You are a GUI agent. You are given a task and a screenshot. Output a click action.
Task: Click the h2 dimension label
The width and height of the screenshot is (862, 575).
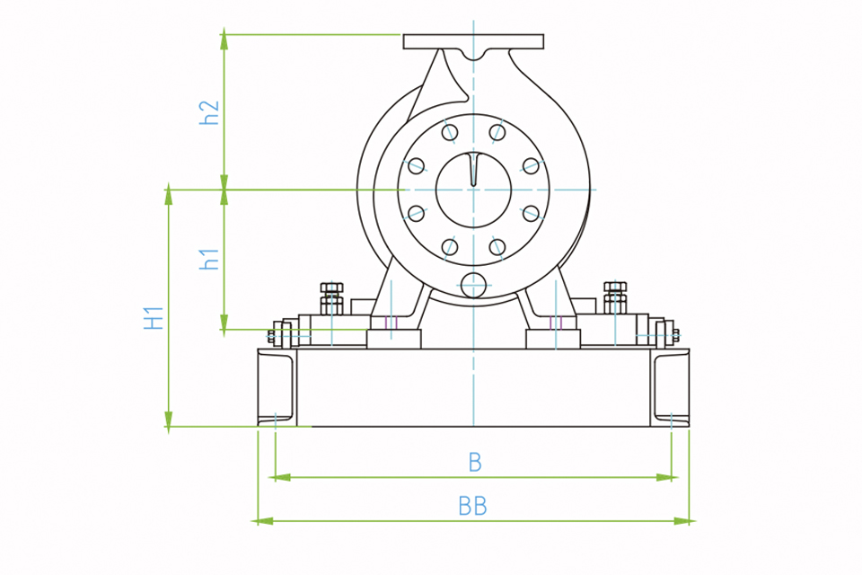[x=209, y=113]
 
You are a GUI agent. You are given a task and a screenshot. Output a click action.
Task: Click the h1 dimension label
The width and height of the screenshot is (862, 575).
[x=209, y=259]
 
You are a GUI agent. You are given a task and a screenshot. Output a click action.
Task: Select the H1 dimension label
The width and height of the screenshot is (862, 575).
[x=154, y=318]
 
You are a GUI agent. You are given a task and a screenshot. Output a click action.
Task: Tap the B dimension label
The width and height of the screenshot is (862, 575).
[x=475, y=463]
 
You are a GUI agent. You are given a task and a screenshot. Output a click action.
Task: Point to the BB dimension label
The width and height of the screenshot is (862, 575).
[x=473, y=506]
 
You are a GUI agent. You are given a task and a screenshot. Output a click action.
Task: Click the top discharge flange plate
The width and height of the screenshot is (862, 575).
[x=473, y=42]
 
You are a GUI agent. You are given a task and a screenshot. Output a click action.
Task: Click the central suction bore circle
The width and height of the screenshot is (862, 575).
[x=473, y=190]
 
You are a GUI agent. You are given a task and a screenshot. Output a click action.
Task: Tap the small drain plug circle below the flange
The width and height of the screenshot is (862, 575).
[x=473, y=285]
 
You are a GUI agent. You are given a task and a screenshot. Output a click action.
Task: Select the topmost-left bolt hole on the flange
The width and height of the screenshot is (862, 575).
[x=450, y=132]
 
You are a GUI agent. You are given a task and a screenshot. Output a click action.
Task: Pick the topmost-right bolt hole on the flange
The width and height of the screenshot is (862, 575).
[x=497, y=132]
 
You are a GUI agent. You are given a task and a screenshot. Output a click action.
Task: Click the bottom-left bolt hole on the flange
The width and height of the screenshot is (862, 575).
[x=450, y=246]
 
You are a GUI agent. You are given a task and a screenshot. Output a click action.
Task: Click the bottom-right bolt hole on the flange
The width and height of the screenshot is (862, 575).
[x=497, y=246]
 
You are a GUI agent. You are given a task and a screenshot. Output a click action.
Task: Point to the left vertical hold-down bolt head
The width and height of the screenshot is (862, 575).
[x=331, y=287]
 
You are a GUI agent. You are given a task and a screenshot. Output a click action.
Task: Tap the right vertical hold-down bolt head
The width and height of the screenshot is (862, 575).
[x=615, y=287]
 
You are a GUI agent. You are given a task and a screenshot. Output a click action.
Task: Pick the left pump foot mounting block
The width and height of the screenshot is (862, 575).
[x=393, y=339]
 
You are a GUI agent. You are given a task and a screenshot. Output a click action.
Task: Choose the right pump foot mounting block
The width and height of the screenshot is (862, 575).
[x=553, y=339]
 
